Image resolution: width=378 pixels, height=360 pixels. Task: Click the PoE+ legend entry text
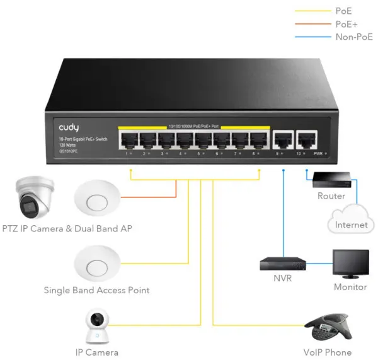pyautogui.click(x=346, y=24)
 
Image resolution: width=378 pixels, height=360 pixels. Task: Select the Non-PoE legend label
pyautogui.click(x=354, y=37)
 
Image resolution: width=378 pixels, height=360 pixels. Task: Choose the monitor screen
pyautogui.click(x=351, y=264)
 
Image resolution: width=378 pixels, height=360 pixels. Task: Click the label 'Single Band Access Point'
pyautogui.click(x=96, y=290)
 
